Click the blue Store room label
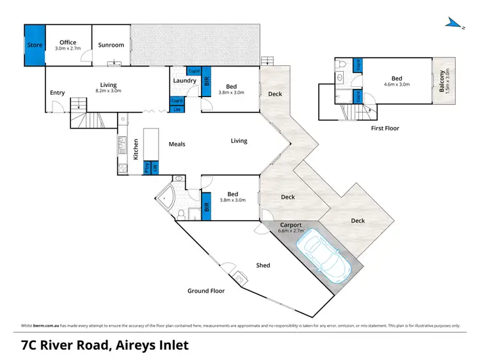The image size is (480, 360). [34, 45]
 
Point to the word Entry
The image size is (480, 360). [57, 93]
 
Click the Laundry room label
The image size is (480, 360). [184, 81]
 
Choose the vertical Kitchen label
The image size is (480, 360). [136, 149]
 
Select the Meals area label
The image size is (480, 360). [177, 144]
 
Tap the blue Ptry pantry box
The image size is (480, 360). [147, 168]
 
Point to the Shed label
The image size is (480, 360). [262, 265]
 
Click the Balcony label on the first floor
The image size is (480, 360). [441, 80]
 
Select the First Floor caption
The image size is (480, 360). [384, 129]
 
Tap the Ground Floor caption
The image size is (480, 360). [205, 291]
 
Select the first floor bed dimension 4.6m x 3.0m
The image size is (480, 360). [396, 84]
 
